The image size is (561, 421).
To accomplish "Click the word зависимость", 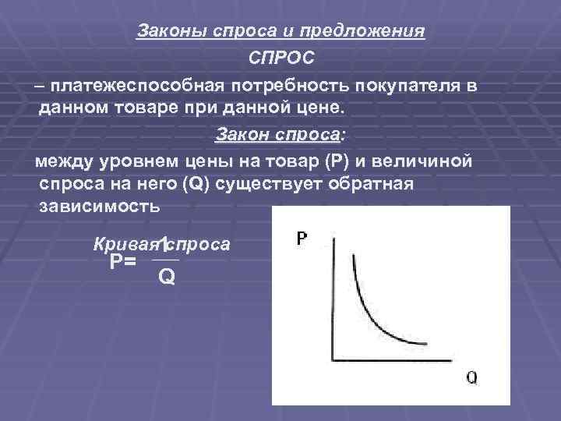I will coord(98,208).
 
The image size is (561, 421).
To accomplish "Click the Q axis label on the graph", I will coord(472,377).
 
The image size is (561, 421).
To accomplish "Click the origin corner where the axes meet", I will coord(333,360).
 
